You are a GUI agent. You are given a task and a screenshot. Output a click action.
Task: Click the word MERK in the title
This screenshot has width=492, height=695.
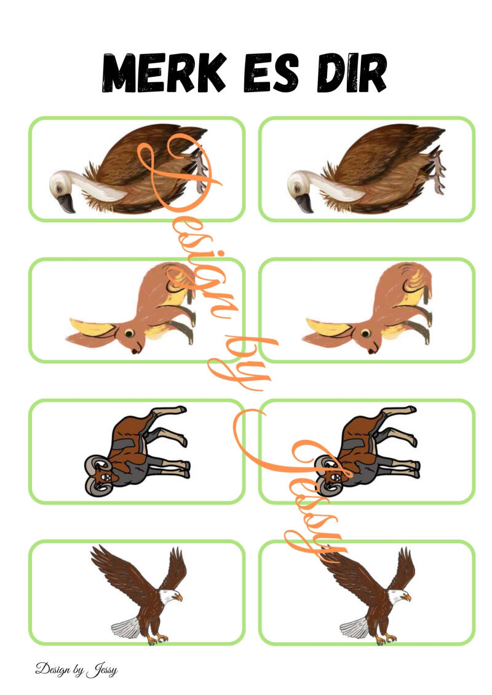coord(164,73)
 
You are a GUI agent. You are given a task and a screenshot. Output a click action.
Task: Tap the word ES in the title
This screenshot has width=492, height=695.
coord(271,73)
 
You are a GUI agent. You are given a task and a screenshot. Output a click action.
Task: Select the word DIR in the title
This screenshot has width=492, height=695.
coord(351,73)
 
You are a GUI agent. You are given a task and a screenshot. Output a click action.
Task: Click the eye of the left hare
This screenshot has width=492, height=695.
coord(129,333)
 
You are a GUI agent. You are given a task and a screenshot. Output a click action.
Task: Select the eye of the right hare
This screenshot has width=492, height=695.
coord(365,333)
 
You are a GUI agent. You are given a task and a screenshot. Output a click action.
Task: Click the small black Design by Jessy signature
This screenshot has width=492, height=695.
coord(76,669)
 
